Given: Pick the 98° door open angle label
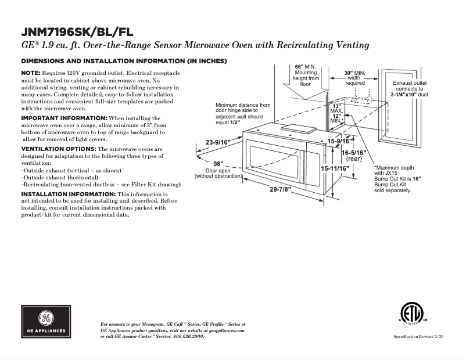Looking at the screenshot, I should [x=218, y=164].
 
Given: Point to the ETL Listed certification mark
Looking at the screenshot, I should [x=413, y=314].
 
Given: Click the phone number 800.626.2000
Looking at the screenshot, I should [x=185, y=336].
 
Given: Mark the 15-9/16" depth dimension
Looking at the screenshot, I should [x=338, y=141].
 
